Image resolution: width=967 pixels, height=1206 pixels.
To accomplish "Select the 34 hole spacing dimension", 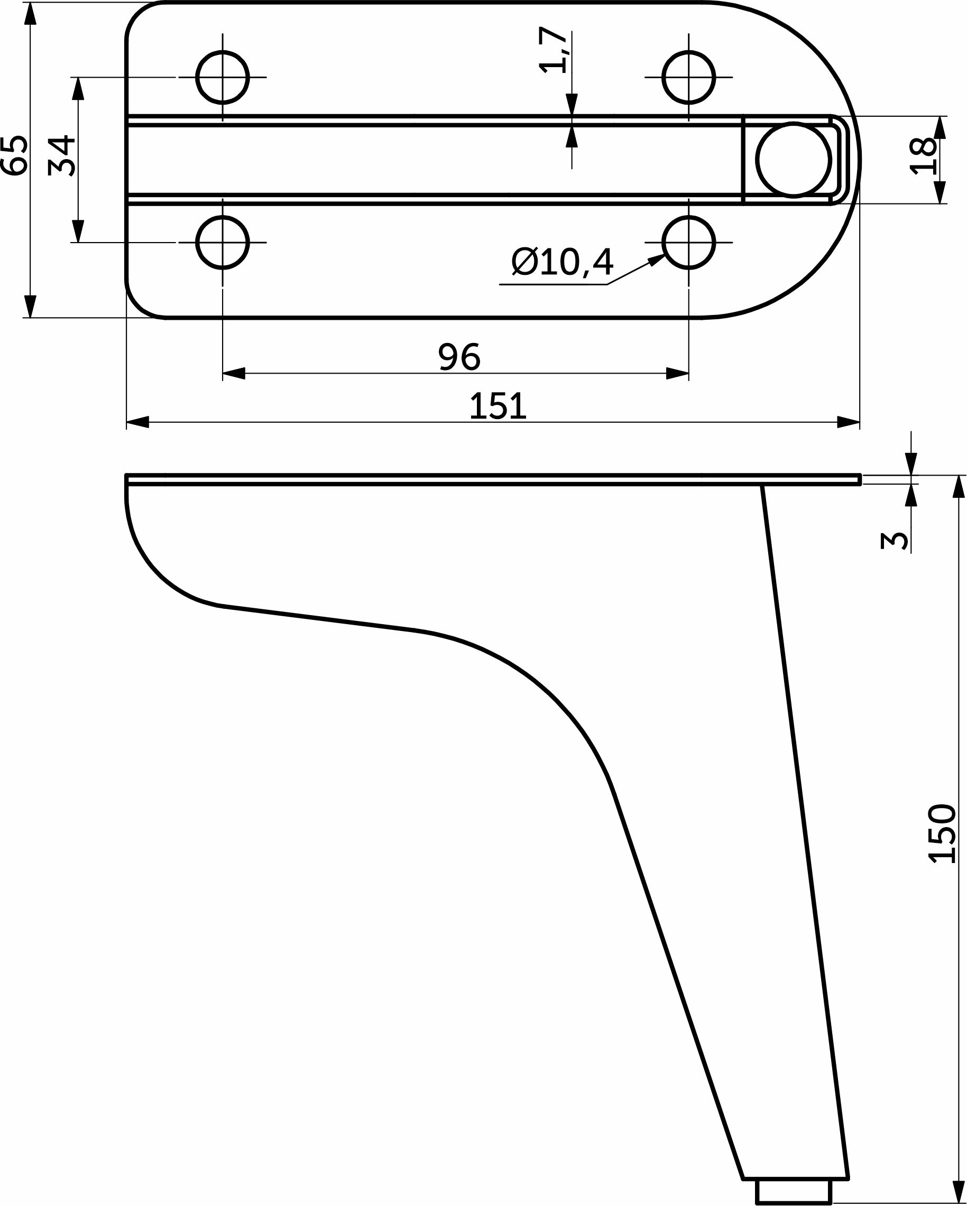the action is (x=62, y=155).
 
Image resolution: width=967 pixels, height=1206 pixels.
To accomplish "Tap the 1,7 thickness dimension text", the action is (x=554, y=50).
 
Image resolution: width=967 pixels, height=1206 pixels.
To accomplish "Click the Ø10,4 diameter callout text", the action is (x=563, y=261).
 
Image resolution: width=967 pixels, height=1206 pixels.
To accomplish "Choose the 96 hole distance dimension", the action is (x=459, y=356).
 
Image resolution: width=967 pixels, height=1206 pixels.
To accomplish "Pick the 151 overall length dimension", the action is (x=498, y=406).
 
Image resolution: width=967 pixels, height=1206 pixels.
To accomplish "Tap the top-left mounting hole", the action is (x=223, y=77).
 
